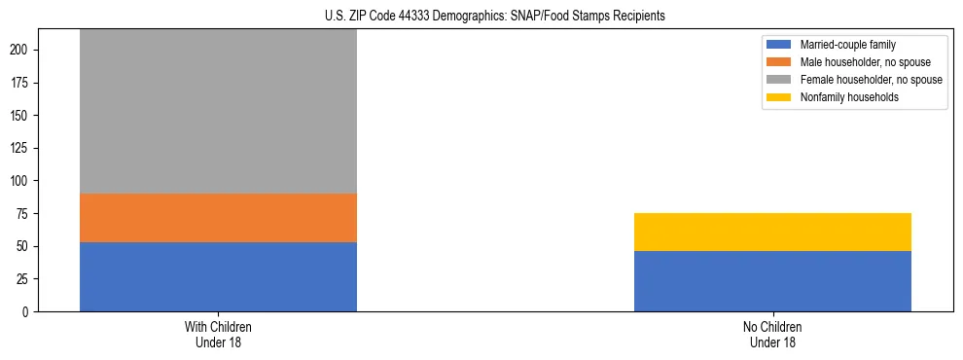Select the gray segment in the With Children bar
[218, 112]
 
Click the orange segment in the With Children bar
[218, 218]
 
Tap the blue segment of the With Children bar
[218, 276]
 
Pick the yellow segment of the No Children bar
[772, 232]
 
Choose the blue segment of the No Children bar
[772, 281]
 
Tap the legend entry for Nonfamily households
[842, 97]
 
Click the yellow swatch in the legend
[779, 97]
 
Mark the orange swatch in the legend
[779, 62]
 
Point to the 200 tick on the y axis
[26, 50]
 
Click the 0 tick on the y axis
[33, 311]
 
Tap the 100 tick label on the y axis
[26, 181]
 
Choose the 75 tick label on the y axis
[29, 213]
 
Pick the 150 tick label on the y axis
[26, 116]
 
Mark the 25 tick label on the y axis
[29, 279]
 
